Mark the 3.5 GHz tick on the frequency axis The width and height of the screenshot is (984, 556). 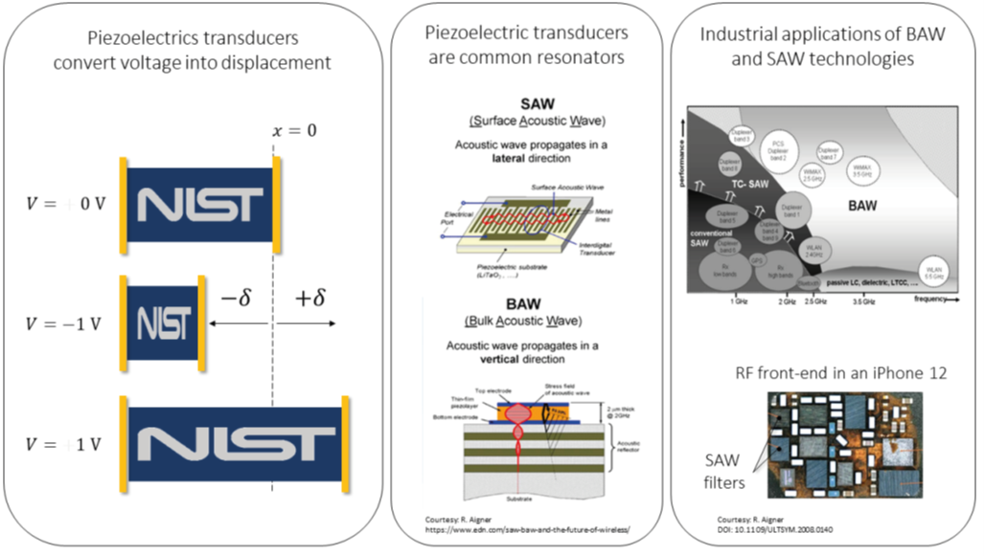(863, 301)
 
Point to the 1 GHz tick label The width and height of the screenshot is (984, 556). (738, 301)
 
